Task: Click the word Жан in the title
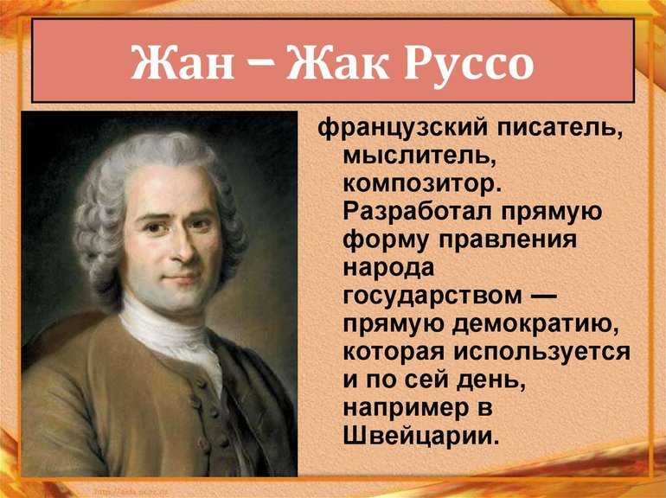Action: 183,62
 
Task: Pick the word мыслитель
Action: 419,156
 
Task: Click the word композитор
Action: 422,185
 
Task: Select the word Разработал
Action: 418,211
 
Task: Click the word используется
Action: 541,354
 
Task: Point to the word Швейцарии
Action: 420,436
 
